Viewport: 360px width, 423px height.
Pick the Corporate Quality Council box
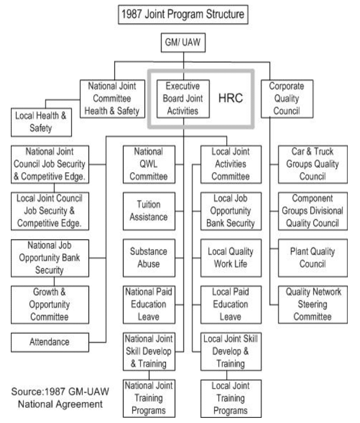pyautogui.click(x=286, y=99)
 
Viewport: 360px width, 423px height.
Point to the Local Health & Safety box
pyautogui.click(x=41, y=122)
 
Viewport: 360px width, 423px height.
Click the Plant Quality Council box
pyautogui.click(x=313, y=257)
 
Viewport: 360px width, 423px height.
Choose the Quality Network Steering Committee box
pyautogui.click(x=313, y=304)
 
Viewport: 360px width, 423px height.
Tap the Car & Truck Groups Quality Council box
pyautogui.click(x=313, y=164)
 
